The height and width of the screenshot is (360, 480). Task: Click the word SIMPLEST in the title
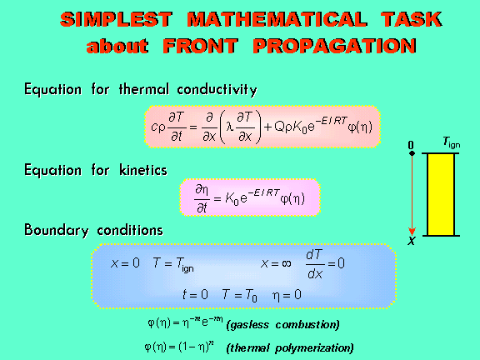[117, 20]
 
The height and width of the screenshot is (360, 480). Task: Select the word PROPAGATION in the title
[335, 46]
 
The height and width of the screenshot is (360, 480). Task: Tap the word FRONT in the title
[201, 46]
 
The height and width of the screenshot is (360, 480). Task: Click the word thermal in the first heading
[144, 89]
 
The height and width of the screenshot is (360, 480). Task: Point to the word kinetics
[143, 170]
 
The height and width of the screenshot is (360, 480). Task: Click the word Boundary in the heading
[57, 230]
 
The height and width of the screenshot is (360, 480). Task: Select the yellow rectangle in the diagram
[441, 194]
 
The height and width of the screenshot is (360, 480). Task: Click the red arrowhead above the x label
[412, 232]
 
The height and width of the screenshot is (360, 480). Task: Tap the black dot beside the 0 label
[412, 153]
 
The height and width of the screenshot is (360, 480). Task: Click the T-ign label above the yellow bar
[451, 142]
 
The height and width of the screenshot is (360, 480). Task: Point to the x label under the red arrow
[412, 241]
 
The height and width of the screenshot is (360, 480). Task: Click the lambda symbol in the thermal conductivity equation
[230, 127]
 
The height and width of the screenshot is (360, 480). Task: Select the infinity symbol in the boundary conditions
[286, 263]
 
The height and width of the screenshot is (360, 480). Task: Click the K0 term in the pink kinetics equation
[232, 199]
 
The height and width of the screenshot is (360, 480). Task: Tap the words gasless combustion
[283, 324]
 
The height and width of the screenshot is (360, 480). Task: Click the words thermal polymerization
[290, 348]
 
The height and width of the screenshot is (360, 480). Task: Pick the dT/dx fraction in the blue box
[315, 264]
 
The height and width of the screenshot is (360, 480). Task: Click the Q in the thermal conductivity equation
[279, 127]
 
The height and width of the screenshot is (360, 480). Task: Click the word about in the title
[117, 46]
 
